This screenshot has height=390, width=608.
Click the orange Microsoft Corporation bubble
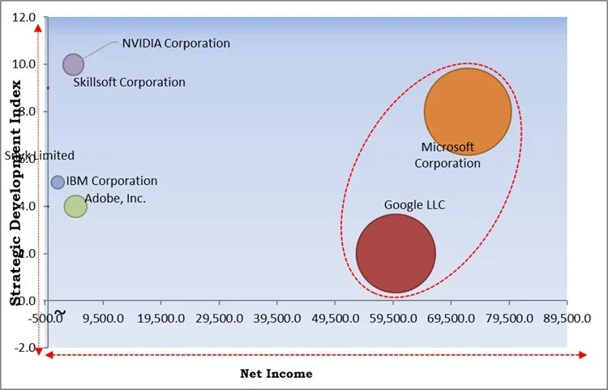468,112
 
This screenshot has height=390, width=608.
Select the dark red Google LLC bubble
396,253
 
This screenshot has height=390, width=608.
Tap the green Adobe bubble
75,207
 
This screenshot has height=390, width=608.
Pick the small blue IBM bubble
58,182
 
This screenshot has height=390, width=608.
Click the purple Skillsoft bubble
73,65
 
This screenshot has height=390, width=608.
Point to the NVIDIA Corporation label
176,43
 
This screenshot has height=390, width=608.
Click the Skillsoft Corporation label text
129,82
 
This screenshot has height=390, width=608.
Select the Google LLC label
414,205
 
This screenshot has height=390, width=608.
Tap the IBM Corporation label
112,182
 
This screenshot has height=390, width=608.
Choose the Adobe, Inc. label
116,198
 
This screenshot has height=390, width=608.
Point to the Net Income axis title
276,374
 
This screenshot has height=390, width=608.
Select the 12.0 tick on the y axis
24,17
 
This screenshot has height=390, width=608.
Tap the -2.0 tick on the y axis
25,348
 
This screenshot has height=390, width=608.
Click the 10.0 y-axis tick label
24,64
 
